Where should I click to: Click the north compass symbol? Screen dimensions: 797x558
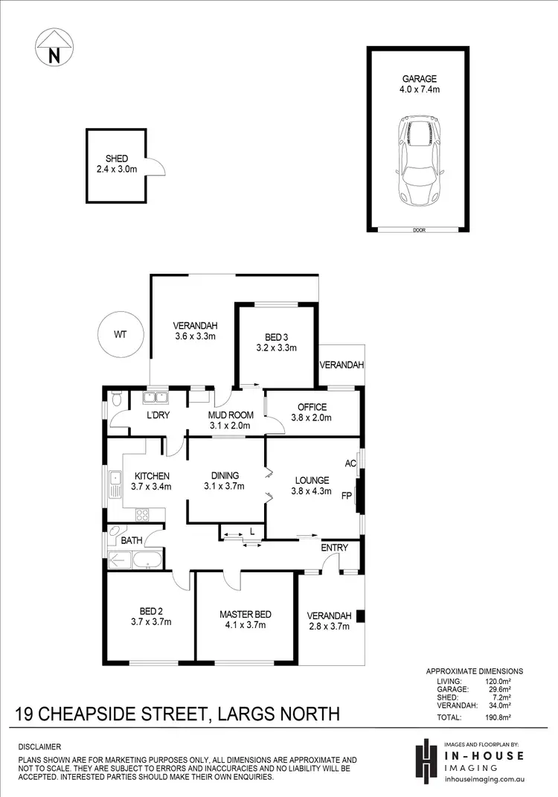coord(53,48)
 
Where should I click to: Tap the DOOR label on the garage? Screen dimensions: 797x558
coord(418,230)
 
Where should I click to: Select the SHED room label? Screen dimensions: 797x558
coord(117,159)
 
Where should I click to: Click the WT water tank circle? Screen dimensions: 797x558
coord(120,334)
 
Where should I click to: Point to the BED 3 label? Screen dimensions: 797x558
coord(276,336)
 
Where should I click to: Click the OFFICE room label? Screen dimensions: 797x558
coord(312,407)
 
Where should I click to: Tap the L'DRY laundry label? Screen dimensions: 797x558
coord(157,415)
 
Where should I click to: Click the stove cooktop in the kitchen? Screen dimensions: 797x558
coord(142,513)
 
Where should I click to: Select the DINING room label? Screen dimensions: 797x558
coord(225,476)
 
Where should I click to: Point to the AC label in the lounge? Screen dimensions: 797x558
coord(351,463)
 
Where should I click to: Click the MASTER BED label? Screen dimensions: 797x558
coord(245,615)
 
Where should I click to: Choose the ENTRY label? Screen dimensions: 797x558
coord(334,548)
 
